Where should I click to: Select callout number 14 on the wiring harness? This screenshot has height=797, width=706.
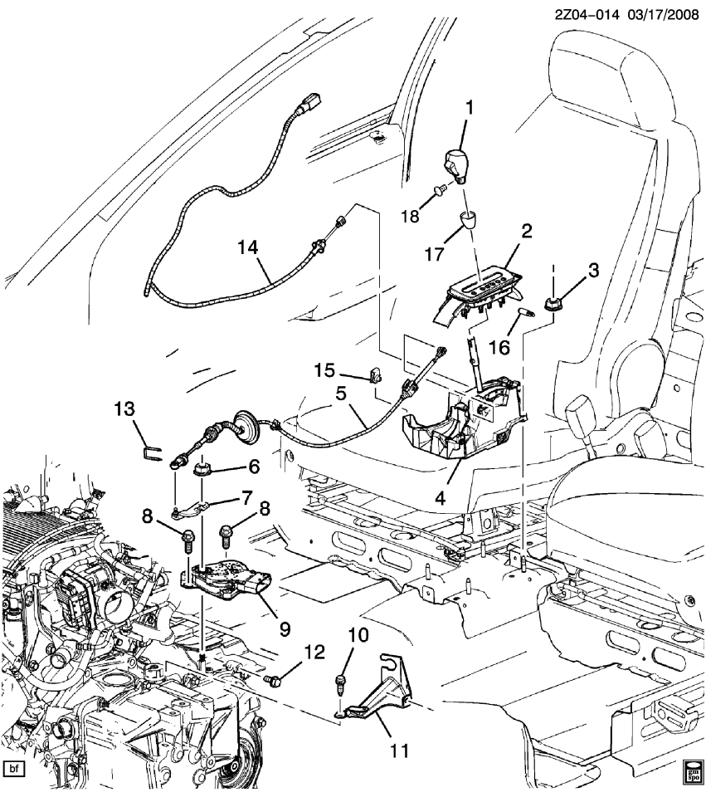(247, 247)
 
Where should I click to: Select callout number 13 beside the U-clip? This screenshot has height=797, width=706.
(124, 408)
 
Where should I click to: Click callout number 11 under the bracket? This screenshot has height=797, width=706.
(399, 751)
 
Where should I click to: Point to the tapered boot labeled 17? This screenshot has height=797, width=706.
(470, 223)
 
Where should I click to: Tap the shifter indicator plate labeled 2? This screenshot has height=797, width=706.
(481, 289)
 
